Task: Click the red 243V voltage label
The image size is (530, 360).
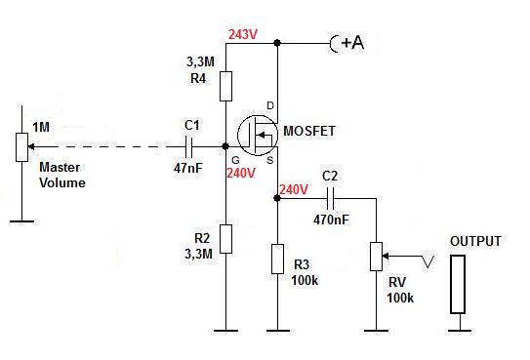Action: tap(243, 34)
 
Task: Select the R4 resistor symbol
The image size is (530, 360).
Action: tap(225, 86)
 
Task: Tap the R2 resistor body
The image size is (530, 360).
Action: tap(225, 239)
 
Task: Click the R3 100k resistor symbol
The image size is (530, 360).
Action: tap(277, 259)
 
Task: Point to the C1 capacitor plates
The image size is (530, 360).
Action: tap(189, 147)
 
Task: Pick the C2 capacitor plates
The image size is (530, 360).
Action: tap(331, 199)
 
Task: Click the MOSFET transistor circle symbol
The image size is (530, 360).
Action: tap(258, 135)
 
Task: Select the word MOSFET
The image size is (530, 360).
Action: tap(309, 131)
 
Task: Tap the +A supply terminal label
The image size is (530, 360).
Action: tap(352, 43)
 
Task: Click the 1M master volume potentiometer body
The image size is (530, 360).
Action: tap(22, 147)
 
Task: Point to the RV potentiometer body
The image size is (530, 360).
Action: tap(376, 257)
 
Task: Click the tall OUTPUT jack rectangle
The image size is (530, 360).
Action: tap(458, 284)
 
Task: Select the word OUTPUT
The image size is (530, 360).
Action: tap(475, 242)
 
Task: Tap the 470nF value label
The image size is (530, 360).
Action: tap(331, 220)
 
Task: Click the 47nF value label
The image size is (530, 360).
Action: tap(188, 168)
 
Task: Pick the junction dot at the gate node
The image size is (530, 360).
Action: tap(225, 146)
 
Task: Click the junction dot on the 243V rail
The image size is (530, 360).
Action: tap(277, 43)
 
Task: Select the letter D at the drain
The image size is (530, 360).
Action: tap(270, 106)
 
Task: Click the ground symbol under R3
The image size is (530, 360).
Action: tap(278, 331)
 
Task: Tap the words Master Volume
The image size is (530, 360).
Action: tap(62, 175)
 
